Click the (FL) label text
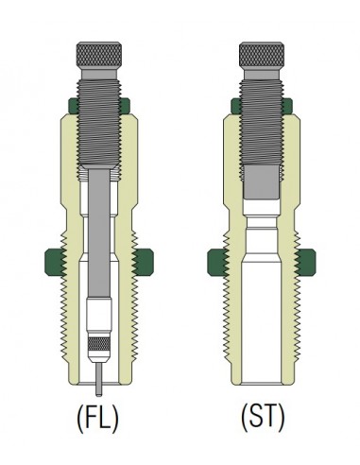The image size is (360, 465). point(98,418)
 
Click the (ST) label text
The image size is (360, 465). point(263,418)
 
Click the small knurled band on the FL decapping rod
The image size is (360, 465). point(99,344)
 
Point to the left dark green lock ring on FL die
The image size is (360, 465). point(56,263)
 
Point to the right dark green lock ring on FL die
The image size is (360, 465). point(144,263)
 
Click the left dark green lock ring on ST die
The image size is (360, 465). point(218,263)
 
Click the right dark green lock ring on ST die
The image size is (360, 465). point(306,263)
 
